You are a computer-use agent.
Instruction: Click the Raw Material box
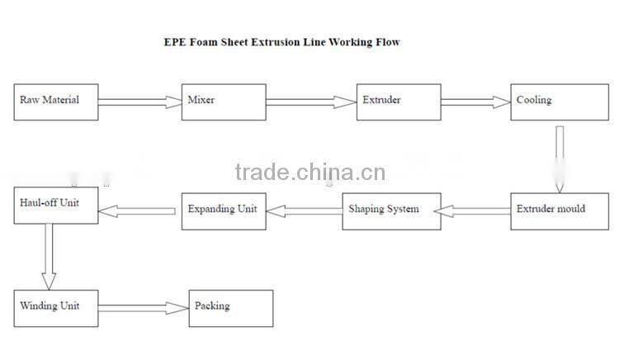coord(56,102)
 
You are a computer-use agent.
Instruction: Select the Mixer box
coord(224,102)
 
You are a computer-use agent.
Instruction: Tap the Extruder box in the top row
coord(399,102)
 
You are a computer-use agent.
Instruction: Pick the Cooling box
coord(560,102)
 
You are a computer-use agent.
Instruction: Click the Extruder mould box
coord(560,211)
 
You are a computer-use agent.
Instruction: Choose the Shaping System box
coord(391,211)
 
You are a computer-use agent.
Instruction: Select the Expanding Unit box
coord(224,211)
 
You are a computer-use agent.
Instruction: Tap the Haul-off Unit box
coord(56,206)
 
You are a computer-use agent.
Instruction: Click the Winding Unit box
coord(56,309)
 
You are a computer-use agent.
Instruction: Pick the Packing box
coord(231,309)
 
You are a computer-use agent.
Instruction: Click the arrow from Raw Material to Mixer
coord(139,102)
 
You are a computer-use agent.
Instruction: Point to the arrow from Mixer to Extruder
coord(311,102)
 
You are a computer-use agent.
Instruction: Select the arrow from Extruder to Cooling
coord(475,102)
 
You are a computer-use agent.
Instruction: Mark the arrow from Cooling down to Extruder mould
coord(560,159)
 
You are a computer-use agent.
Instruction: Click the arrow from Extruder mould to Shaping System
coord(472,211)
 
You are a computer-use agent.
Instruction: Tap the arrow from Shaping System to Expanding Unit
coord(305,211)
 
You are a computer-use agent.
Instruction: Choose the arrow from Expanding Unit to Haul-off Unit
coord(136,211)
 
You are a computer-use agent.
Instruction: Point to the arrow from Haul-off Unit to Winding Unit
coord(49,257)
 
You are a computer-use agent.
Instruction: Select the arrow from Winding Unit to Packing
coord(144,308)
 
